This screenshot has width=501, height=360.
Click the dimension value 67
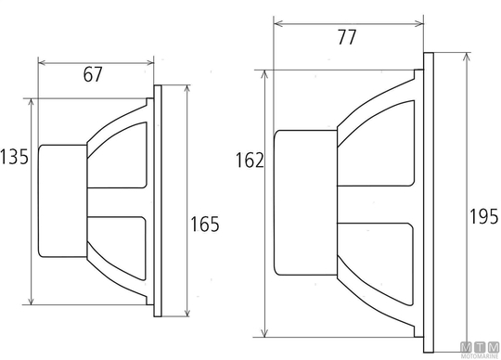tap(93, 74)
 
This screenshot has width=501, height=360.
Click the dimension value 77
tap(347, 37)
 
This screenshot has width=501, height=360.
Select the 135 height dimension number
tap(14, 157)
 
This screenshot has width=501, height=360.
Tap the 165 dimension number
tap(205, 224)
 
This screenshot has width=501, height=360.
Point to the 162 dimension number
tap(250, 160)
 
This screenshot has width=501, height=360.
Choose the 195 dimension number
tap(483, 216)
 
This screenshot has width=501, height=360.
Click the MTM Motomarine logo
tap(480, 350)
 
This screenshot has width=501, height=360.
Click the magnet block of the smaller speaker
tap(63, 201)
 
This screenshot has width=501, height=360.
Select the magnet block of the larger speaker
tap(306, 202)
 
